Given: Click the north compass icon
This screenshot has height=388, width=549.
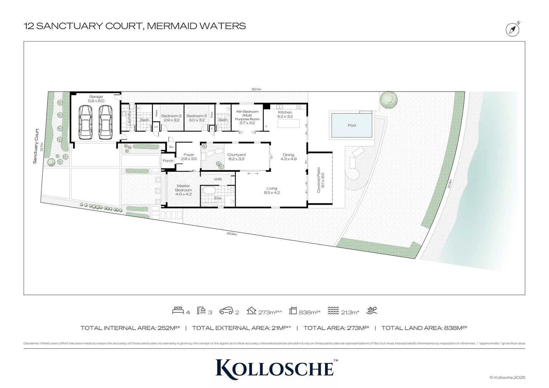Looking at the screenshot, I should pos(512,29).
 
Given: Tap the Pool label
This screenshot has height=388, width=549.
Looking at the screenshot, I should pos(352,125).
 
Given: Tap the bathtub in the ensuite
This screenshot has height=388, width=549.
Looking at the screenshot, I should pos(208,190).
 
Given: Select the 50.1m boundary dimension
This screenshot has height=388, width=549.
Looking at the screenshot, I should pos(256,89).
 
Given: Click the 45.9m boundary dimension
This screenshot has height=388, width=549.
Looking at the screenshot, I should pos(232,234).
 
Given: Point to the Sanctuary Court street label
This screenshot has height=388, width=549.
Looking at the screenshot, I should pos(35,146).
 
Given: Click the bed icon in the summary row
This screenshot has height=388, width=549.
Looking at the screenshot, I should pos(178,311).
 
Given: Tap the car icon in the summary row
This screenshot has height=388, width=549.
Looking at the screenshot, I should pos(226,311).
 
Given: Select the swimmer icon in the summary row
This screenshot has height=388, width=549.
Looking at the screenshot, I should pos(372,310).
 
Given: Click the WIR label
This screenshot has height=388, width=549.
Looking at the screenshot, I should pos(218,179).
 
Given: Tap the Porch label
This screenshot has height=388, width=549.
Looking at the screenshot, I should pos(168,161).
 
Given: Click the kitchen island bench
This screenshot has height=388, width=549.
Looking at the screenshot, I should pos(288,124).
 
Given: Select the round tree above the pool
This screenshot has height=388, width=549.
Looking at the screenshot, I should pos(388,100).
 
